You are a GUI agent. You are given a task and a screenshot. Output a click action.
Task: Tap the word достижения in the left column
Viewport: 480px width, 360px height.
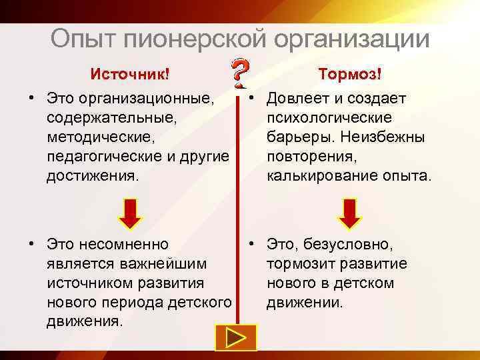(91, 176)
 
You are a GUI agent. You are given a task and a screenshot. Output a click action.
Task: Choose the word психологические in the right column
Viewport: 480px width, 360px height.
(329, 118)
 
